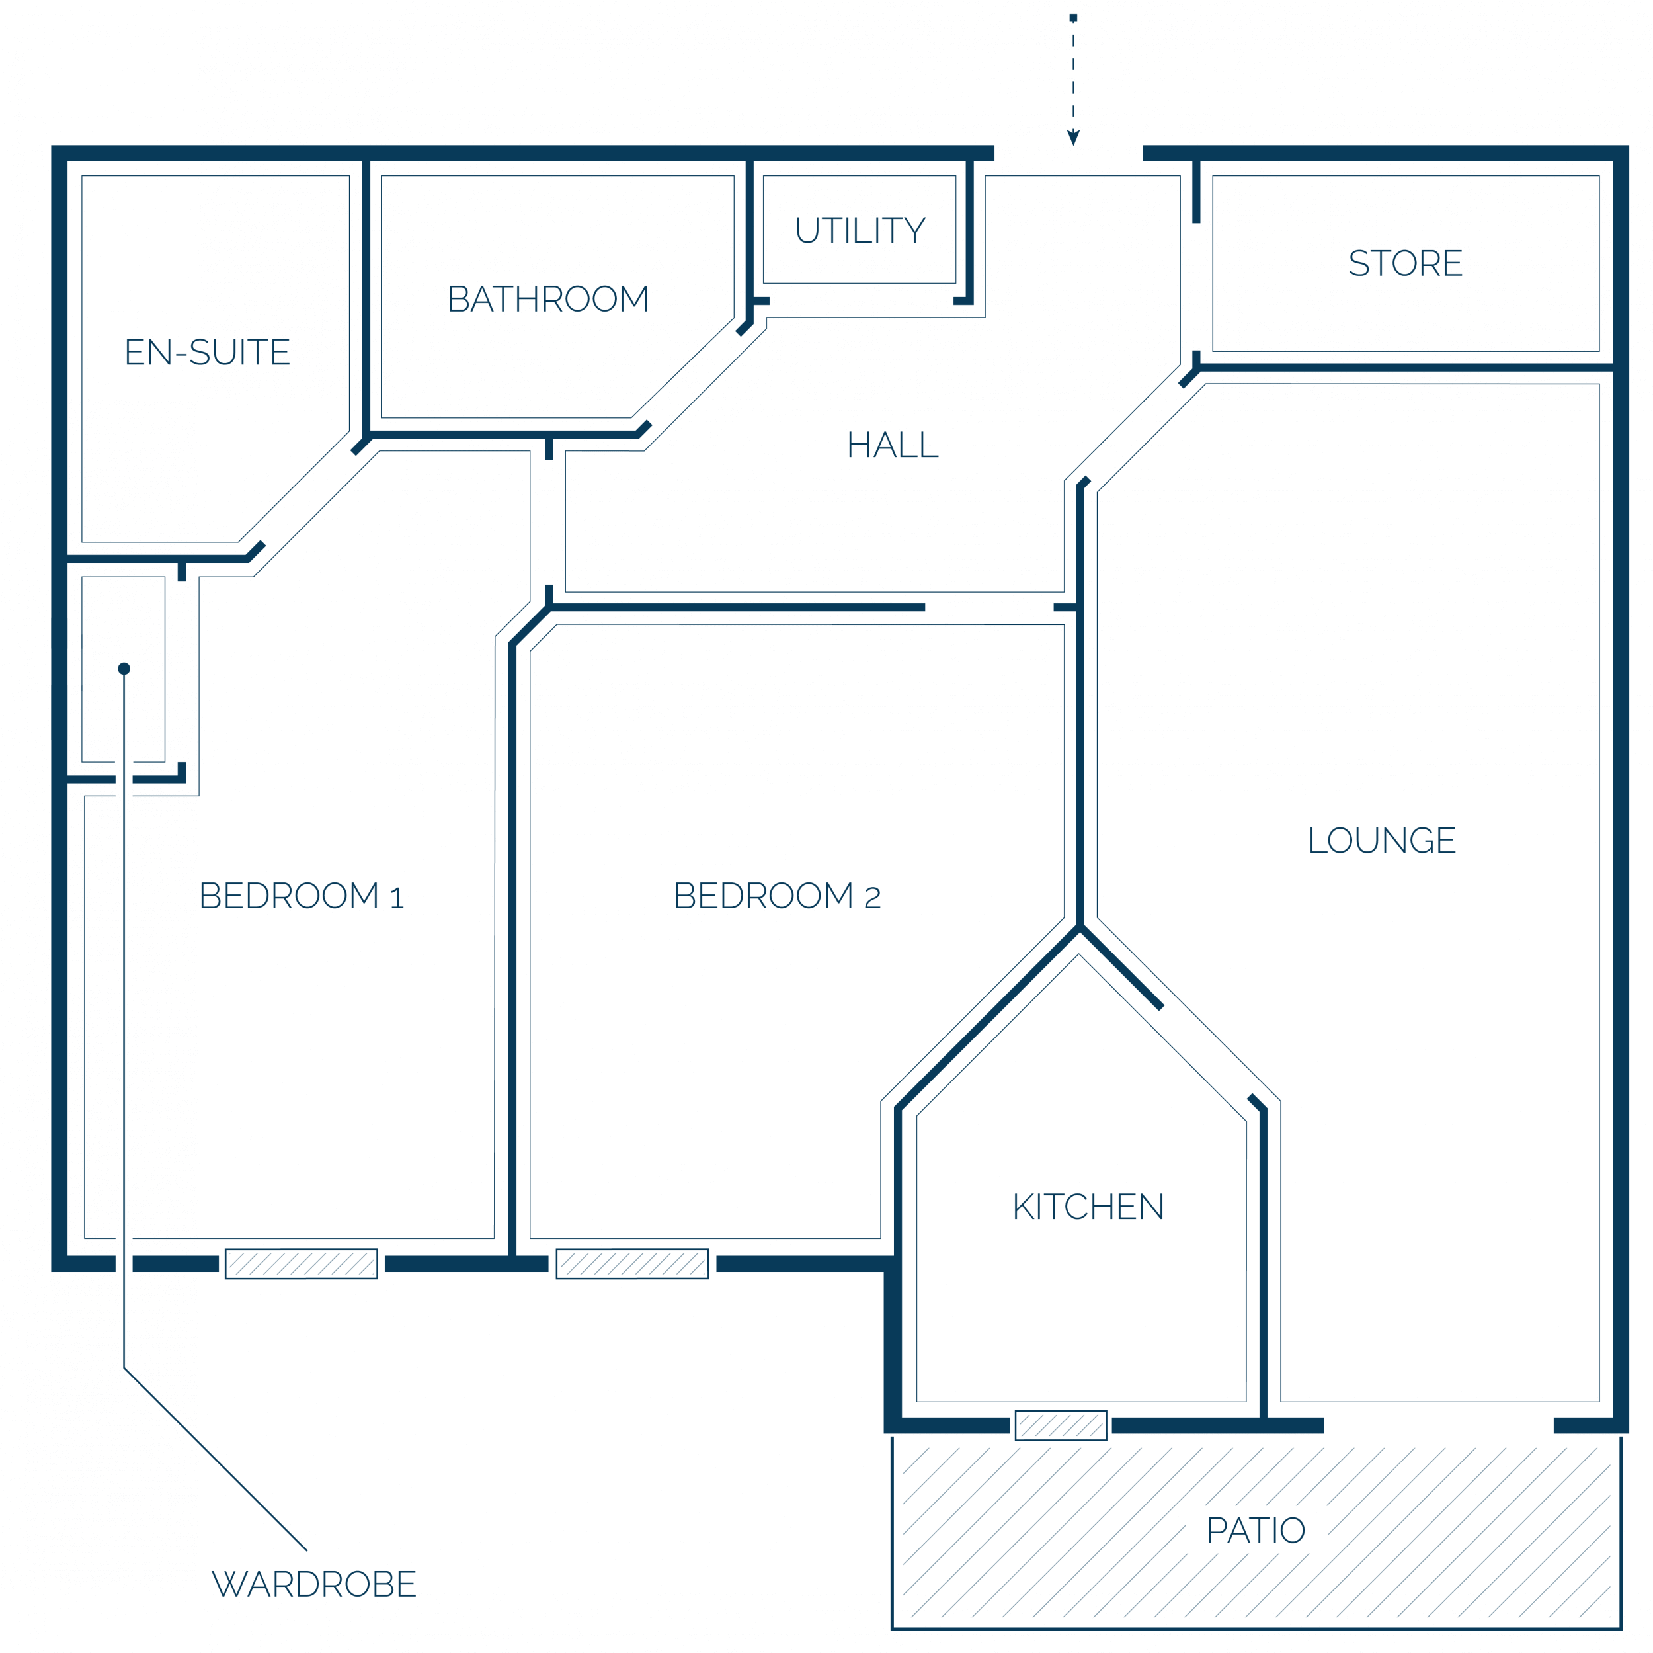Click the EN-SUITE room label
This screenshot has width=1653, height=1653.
207,353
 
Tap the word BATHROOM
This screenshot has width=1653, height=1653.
548,299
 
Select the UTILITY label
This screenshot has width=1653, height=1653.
860,230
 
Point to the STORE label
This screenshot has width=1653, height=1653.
1405,263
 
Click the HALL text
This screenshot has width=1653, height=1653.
893,445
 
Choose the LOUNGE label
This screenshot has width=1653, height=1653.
1381,841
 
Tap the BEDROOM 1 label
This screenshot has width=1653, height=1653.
301,896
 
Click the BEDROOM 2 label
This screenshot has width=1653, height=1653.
777,896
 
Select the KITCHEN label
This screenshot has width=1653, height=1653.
1088,1207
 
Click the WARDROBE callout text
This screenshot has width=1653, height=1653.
314,1584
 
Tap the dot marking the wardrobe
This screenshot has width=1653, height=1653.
124,669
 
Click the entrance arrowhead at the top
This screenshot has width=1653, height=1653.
1073,138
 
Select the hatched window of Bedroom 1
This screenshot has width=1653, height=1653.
301,1264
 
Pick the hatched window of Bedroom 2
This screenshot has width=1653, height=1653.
632,1264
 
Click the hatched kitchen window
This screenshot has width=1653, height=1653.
1061,1425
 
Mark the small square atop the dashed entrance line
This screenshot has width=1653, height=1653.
1073,18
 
